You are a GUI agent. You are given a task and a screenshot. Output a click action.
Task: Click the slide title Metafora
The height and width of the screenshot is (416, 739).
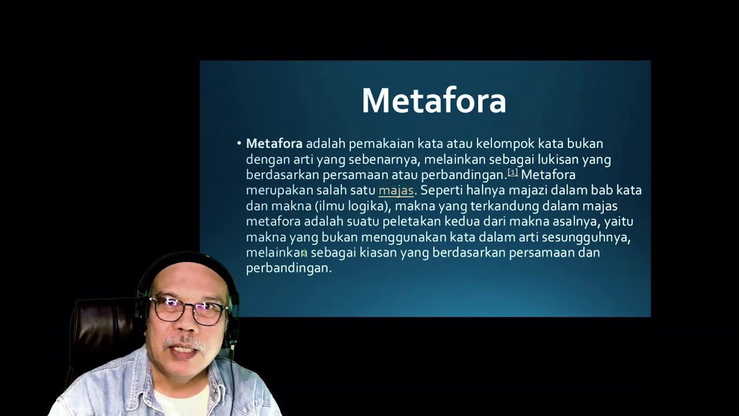(x=434, y=101)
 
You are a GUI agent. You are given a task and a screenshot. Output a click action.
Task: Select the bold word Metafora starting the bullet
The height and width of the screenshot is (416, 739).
(x=274, y=143)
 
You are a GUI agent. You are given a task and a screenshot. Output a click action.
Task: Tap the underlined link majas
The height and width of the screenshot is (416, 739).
(x=396, y=190)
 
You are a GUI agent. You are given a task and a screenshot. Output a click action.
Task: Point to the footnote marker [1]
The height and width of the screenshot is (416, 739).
(x=513, y=172)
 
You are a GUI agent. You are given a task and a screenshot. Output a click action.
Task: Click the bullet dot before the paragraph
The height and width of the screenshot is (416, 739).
(x=239, y=143)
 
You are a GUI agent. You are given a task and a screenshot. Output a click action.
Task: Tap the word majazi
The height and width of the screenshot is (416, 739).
(x=528, y=190)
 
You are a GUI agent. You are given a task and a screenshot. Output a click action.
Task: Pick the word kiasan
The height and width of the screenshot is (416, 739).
(x=378, y=252)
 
